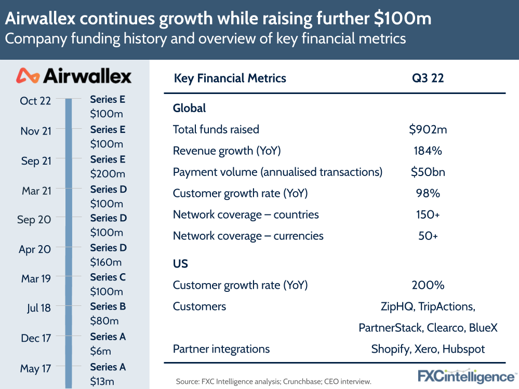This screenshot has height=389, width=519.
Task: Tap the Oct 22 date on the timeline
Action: point(35,101)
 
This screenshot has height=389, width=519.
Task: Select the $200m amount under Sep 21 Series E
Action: point(108,174)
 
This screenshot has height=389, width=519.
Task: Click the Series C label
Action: point(108,277)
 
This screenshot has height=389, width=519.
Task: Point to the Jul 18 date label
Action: point(39,308)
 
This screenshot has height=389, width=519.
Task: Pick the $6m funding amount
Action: point(101,352)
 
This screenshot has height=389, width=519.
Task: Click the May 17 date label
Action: point(36,369)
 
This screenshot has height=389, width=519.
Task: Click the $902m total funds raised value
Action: point(428,129)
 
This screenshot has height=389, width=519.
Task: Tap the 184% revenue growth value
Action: point(428,151)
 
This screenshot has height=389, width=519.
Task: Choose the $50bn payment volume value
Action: point(428,172)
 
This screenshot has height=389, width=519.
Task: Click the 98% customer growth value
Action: point(428,193)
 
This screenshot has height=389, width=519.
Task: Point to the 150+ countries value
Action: point(428,214)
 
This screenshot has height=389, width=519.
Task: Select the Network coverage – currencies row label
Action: point(248,236)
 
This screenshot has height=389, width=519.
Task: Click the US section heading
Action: point(180,263)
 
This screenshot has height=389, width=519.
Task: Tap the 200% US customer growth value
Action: point(428,285)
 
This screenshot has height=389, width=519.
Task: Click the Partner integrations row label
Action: point(221,348)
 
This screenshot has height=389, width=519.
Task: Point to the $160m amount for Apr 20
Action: point(106,262)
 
